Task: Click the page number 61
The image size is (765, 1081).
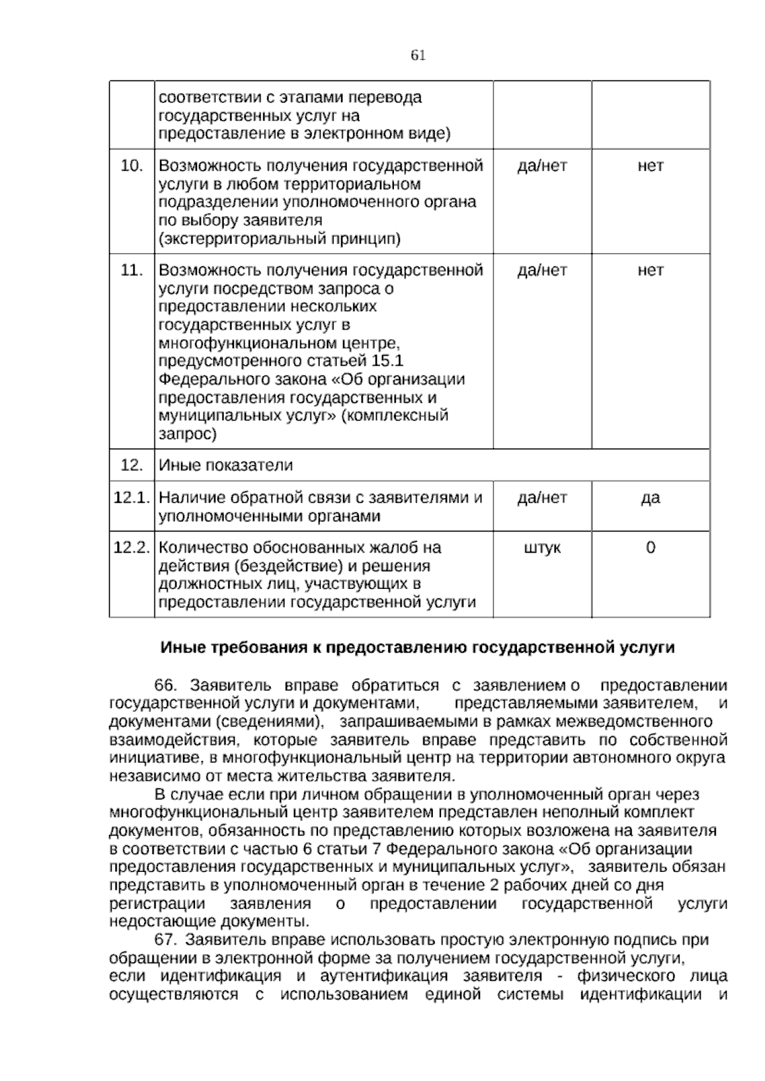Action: pyautogui.click(x=418, y=55)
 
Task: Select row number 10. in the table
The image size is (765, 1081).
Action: pyautogui.click(x=131, y=166)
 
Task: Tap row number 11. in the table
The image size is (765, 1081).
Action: pyautogui.click(x=131, y=270)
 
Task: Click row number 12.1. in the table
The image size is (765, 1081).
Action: pyautogui.click(x=131, y=498)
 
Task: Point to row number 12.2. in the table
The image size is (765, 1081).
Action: pyautogui.click(x=131, y=548)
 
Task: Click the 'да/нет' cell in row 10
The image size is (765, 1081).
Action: pyautogui.click(x=542, y=166)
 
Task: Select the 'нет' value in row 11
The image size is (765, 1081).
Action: pyautogui.click(x=650, y=270)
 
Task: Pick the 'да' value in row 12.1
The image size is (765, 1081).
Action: pyautogui.click(x=650, y=498)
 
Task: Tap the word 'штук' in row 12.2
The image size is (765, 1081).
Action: pyautogui.click(x=542, y=548)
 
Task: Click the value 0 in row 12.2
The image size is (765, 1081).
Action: pyautogui.click(x=650, y=548)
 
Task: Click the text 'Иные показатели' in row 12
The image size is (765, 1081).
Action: pyautogui.click(x=226, y=465)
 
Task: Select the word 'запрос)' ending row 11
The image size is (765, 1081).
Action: pyautogui.click(x=187, y=435)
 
